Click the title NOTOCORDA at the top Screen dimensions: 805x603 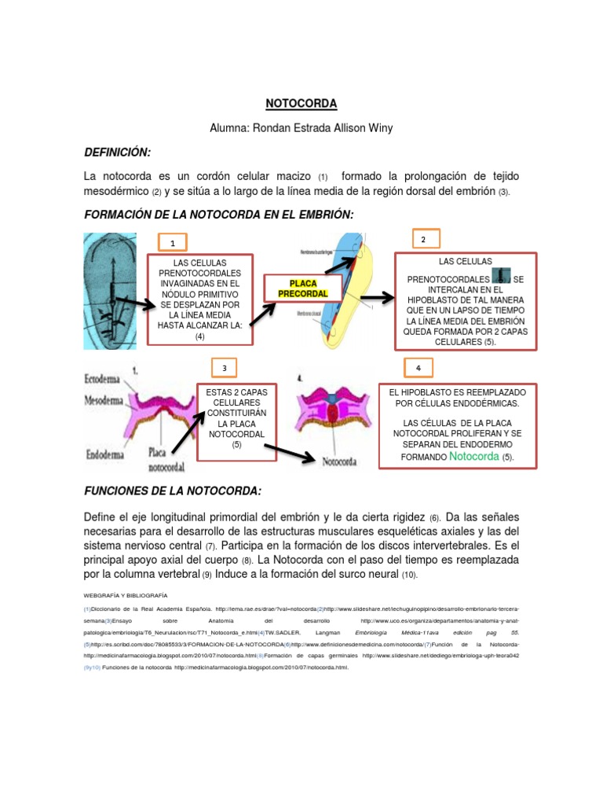[x=301, y=104]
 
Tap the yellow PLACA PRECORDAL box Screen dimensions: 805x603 [x=298, y=289]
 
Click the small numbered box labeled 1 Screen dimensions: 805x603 [x=173, y=243]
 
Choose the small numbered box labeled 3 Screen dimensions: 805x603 [x=225, y=368]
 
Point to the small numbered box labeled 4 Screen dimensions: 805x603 [x=418, y=368]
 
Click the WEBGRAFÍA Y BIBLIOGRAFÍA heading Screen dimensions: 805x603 [x=125, y=595]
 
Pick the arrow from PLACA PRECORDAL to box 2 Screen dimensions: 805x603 [x=376, y=298]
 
